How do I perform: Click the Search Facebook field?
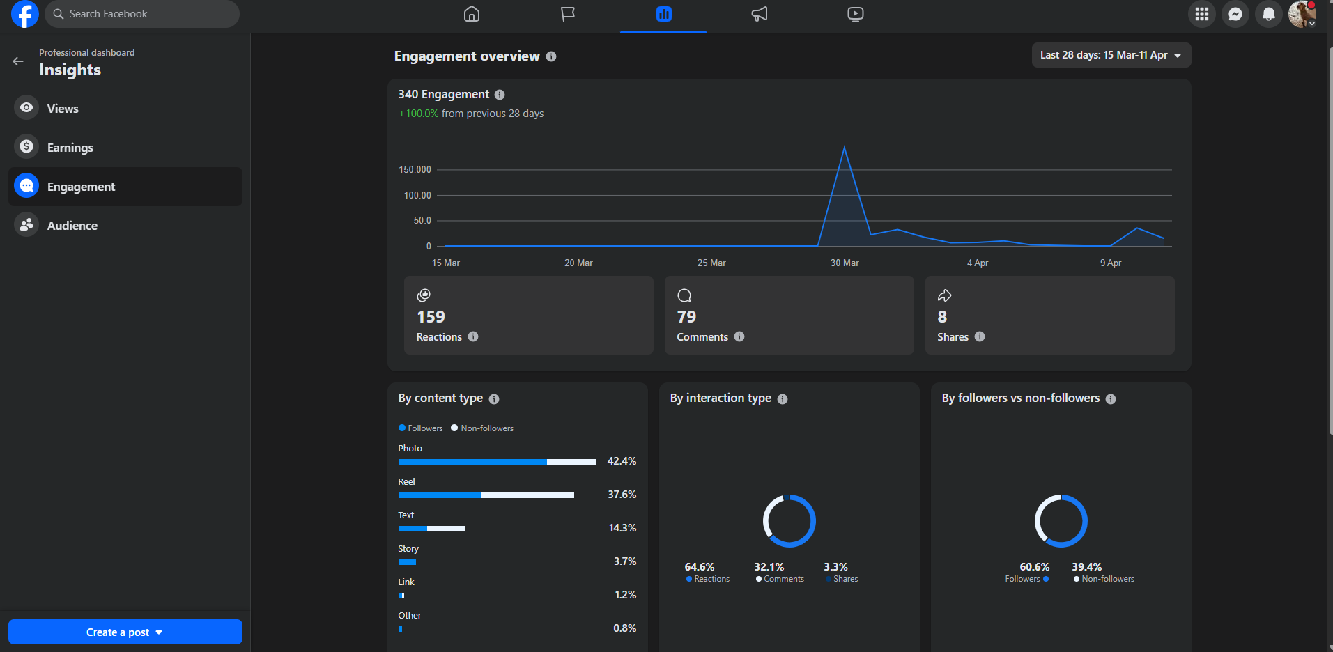tap(142, 14)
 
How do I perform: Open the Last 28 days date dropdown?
tap(1111, 55)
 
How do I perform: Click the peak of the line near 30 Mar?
tap(845, 147)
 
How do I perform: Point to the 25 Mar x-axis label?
tap(711, 263)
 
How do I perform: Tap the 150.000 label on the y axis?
tap(415, 170)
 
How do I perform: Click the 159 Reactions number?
tap(431, 317)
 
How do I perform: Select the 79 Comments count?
tap(686, 317)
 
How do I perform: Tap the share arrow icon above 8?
tap(944, 295)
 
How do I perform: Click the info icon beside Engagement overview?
tap(551, 56)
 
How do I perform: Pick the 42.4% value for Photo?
tap(622, 461)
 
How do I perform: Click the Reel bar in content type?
tap(486, 495)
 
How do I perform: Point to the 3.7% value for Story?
tap(625, 561)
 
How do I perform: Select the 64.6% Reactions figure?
tap(700, 567)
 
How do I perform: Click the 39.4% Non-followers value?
tap(1086, 567)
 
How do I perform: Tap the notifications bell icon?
tap(1269, 14)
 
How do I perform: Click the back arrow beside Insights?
tap(18, 62)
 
